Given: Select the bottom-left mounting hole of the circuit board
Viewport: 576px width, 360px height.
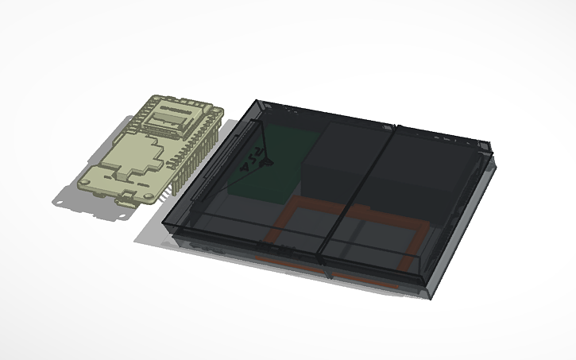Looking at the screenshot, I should (x=84, y=183).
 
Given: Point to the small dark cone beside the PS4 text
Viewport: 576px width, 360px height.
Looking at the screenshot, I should (x=268, y=163).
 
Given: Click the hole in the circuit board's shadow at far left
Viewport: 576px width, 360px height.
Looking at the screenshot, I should (x=60, y=202).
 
